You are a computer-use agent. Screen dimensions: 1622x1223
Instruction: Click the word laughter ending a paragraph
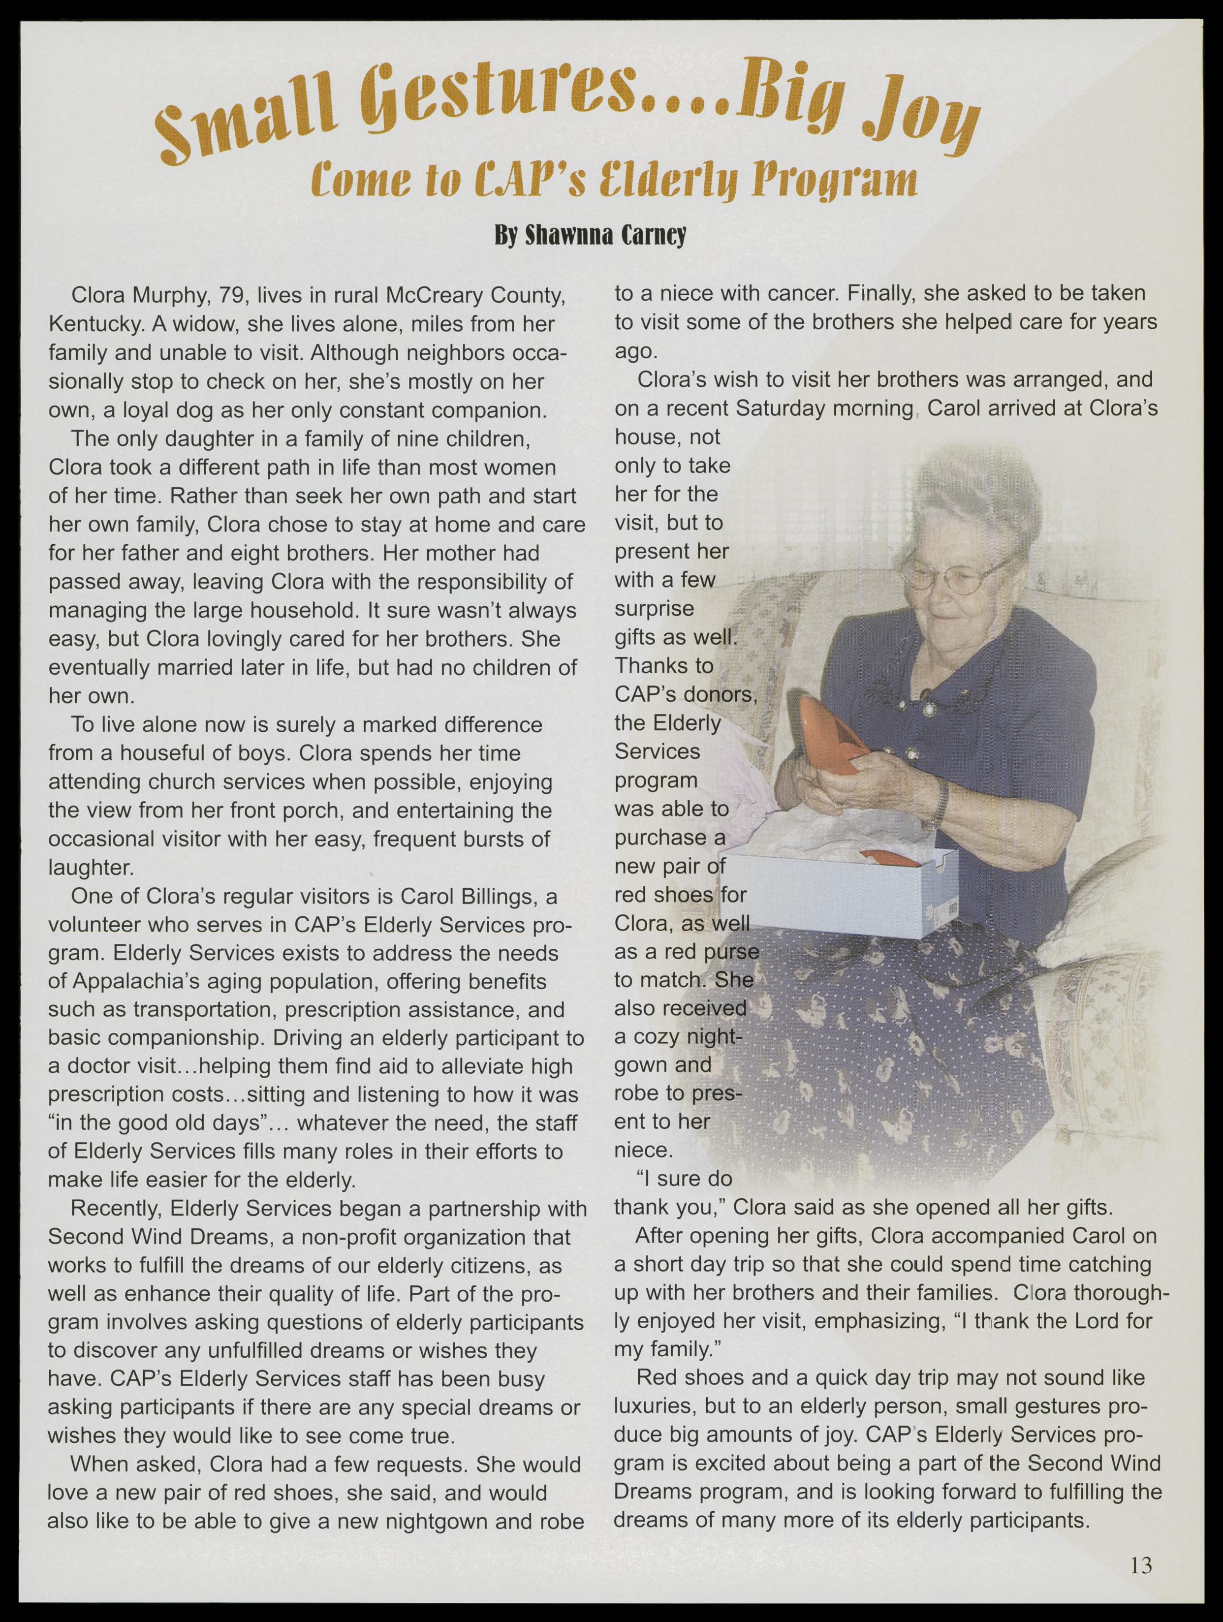[x=90, y=868]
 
